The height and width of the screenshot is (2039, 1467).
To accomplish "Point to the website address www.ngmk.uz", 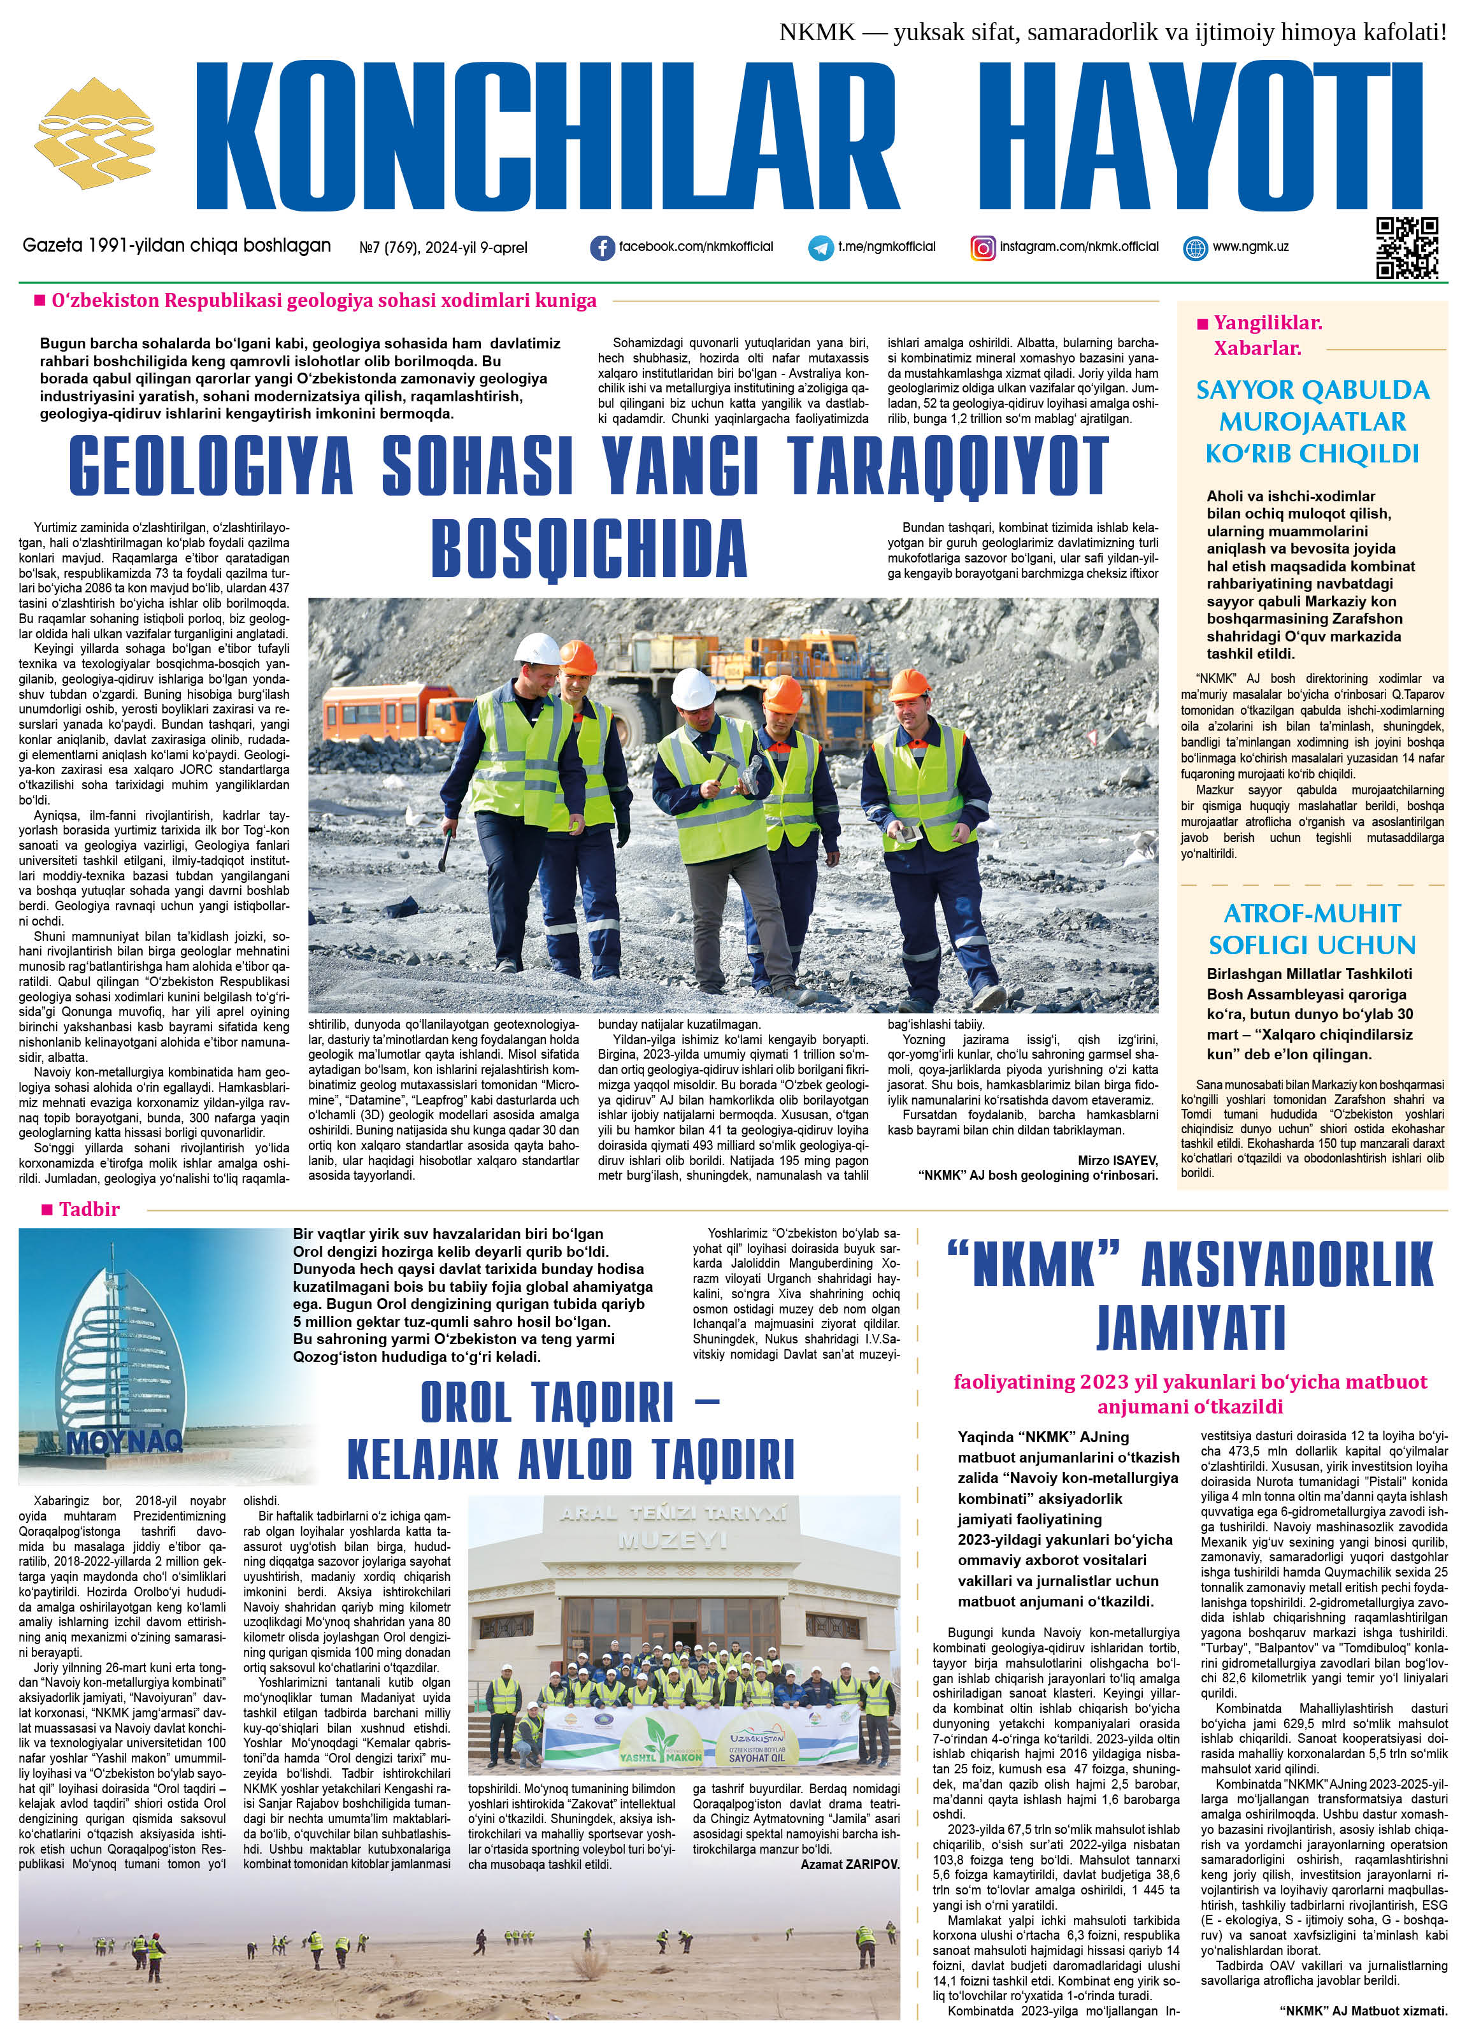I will point(1250,247).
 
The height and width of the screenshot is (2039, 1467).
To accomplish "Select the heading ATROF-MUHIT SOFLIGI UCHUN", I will point(1312,929).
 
